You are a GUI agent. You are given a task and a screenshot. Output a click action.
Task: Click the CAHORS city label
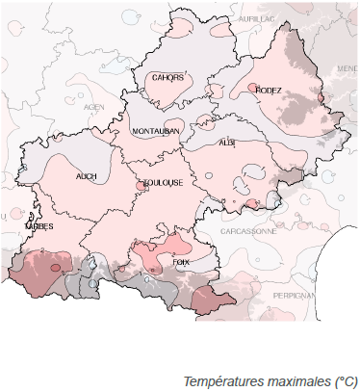tap(166, 79)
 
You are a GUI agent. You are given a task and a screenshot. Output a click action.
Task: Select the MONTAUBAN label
tap(156, 131)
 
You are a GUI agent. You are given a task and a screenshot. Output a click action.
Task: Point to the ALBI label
tap(227, 142)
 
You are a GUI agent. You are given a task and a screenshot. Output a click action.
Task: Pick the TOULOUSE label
tap(164, 182)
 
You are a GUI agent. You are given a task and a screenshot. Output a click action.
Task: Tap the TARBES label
tap(39, 227)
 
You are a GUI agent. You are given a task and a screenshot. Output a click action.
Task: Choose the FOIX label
tap(180, 261)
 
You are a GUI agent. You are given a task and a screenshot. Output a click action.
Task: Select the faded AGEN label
tap(93, 107)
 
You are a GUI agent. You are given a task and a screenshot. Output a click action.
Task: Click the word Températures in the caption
tap(221, 382)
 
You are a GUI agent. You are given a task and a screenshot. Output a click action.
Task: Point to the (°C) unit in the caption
tap(343, 382)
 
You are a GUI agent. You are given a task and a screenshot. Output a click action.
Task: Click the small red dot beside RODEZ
tap(252, 89)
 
